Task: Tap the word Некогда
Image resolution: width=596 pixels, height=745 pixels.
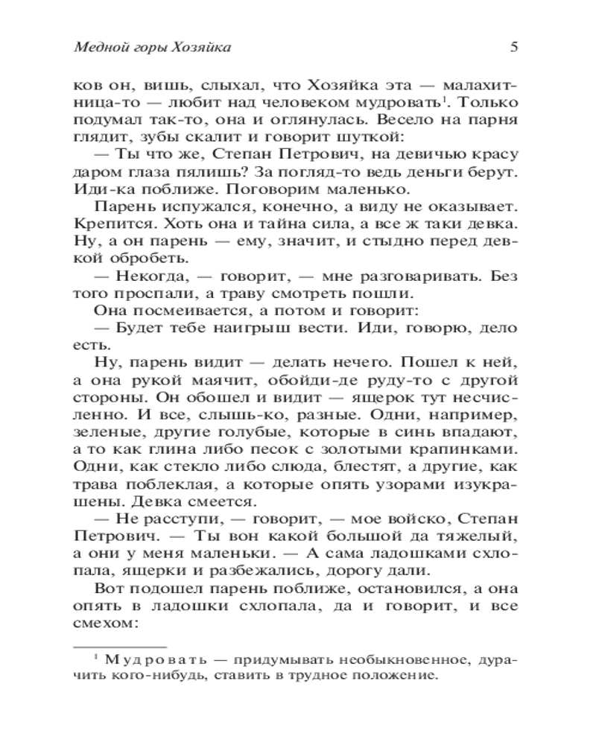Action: (x=140, y=276)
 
